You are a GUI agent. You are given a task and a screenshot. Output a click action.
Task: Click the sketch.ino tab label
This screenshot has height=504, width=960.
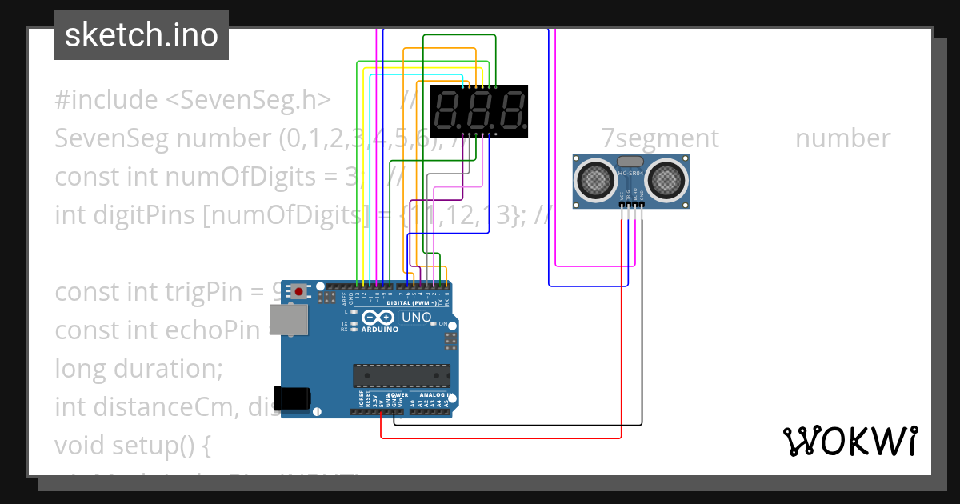coord(141,35)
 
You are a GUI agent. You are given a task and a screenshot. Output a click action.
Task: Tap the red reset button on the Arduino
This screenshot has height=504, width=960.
coord(299,291)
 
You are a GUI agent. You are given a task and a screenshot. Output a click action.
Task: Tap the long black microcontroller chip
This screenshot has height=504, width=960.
coord(402,375)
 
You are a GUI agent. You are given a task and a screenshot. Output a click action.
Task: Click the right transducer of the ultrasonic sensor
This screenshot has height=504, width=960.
coord(666,180)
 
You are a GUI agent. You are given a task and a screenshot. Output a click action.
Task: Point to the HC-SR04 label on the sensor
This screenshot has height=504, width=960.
coord(631,173)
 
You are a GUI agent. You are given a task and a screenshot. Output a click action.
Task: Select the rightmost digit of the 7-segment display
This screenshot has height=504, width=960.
coord(510,111)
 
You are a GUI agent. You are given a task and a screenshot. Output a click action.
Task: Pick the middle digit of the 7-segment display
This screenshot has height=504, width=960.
coord(479,111)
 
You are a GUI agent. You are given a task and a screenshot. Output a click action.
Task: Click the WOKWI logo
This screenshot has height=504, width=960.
coord(850,441)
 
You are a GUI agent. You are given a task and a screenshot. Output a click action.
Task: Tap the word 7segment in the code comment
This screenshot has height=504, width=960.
coord(660,138)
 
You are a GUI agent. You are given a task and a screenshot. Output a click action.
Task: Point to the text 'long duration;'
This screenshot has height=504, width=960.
coord(138,369)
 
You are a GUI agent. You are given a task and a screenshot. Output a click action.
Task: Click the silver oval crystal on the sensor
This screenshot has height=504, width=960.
coord(630,162)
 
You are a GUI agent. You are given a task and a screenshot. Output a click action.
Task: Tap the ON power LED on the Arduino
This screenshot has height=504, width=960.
coord(432,323)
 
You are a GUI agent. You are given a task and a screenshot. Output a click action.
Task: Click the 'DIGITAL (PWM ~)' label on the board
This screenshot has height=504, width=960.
coord(411,303)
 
